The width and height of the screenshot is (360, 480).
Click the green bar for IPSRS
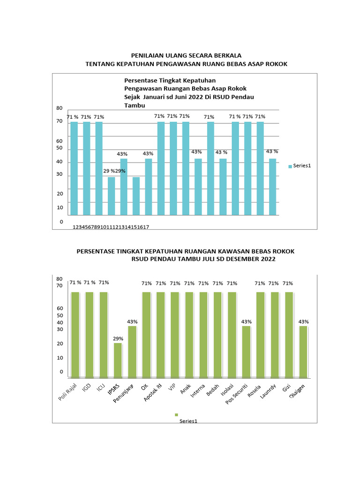click(118, 360)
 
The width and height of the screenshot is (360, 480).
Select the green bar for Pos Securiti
click(246, 352)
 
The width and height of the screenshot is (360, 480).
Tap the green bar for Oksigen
click(303, 352)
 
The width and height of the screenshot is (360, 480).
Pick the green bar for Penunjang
click(132, 352)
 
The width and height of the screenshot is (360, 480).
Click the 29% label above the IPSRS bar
click(118, 338)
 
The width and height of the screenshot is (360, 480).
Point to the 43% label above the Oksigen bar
click(304, 322)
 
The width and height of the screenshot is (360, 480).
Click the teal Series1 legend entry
click(300, 166)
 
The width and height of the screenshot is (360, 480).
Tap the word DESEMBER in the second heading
click(240, 259)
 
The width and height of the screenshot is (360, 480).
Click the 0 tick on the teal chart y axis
click(61, 221)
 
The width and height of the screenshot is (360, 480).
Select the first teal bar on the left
click(74, 168)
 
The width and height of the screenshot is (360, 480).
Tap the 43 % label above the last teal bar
click(272, 151)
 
